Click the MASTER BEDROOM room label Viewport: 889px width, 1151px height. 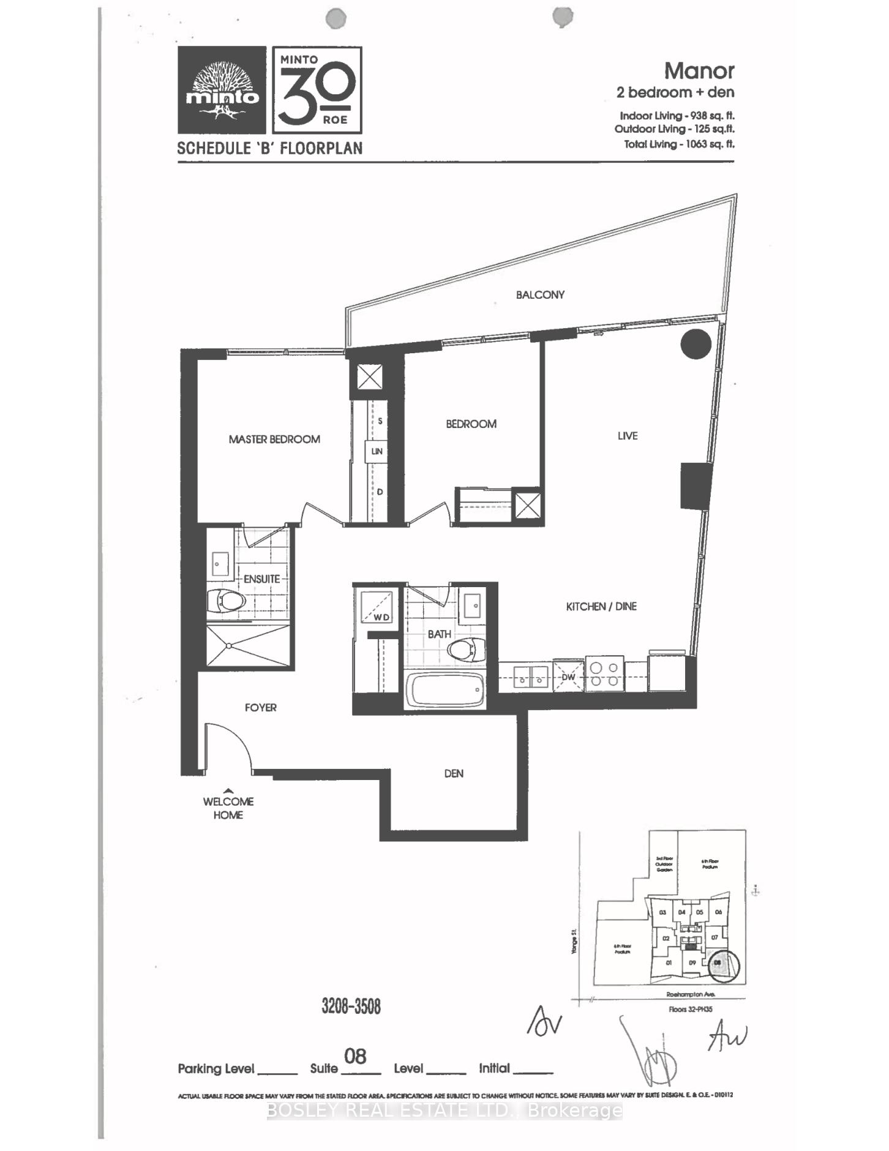tap(274, 439)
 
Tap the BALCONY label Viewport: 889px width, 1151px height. tap(540, 294)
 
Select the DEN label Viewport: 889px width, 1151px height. tap(454, 773)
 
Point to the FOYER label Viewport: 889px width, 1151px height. tap(261, 707)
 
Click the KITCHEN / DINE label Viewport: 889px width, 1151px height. tap(601, 606)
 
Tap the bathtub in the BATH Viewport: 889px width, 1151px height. tap(445, 690)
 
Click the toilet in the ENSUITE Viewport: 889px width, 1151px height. tap(227, 601)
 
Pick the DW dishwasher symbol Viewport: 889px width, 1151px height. tap(568, 677)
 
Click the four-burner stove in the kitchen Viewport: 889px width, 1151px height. tap(604, 674)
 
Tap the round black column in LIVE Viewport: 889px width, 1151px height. tap(696, 344)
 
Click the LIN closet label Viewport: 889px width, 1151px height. tap(377, 451)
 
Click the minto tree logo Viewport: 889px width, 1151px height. tap(222, 91)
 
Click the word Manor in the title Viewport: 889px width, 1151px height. tap(699, 71)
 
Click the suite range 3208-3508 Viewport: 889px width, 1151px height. tap(351, 1006)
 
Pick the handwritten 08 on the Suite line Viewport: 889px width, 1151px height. tap(355, 1056)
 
